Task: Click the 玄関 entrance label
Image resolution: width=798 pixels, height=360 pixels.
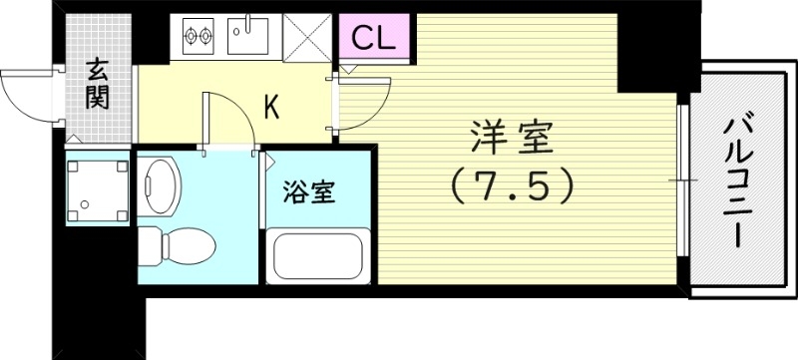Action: point(98,84)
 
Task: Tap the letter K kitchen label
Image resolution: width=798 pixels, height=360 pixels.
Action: point(270,108)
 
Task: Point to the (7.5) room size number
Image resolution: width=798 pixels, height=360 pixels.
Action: point(511,184)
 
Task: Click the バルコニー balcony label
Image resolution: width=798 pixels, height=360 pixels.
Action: point(739,180)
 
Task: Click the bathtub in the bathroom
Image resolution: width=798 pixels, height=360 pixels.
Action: point(317,256)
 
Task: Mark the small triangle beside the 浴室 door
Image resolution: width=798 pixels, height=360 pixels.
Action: point(268,160)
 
